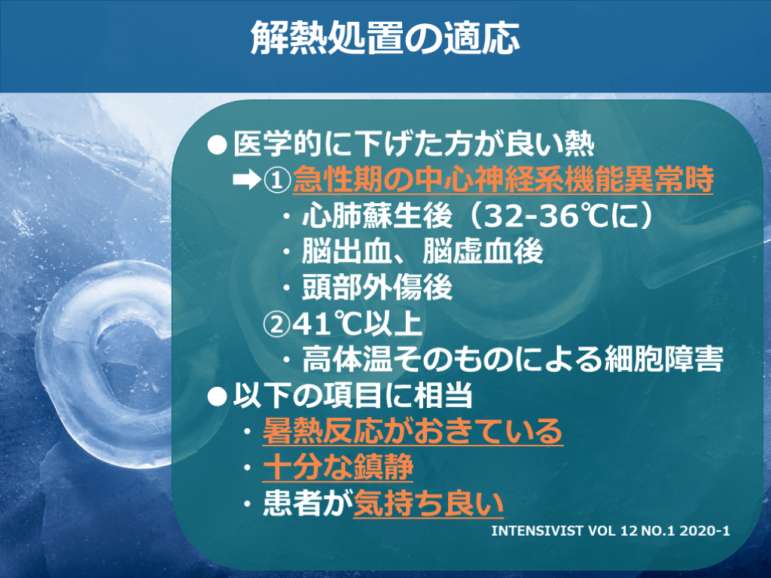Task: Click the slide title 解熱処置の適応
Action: pyautogui.click(x=385, y=38)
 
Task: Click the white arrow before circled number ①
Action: pyautogui.click(x=247, y=180)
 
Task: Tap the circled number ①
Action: pyautogui.click(x=277, y=181)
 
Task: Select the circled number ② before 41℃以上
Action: pyautogui.click(x=276, y=324)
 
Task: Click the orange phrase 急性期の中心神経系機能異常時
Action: pyautogui.click(x=503, y=179)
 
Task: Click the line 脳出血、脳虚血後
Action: pyautogui.click(x=422, y=251)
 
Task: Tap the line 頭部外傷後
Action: pyautogui.click(x=377, y=287)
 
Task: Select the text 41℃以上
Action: pyautogui.click(x=358, y=324)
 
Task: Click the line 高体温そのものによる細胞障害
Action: pyautogui.click(x=512, y=360)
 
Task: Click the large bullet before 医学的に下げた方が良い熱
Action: pyautogui.click(x=217, y=144)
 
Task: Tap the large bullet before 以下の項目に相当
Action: pyautogui.click(x=217, y=396)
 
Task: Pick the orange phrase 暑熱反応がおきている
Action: pyautogui.click(x=413, y=431)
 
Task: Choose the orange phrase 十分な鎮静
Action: pyautogui.click(x=338, y=467)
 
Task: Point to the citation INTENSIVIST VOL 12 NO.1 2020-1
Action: pyautogui.click(x=610, y=531)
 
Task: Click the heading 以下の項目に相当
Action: pyautogui.click(x=352, y=396)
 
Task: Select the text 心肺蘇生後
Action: pyautogui.click(x=377, y=216)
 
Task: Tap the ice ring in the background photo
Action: pyautogui.click(x=59, y=373)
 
